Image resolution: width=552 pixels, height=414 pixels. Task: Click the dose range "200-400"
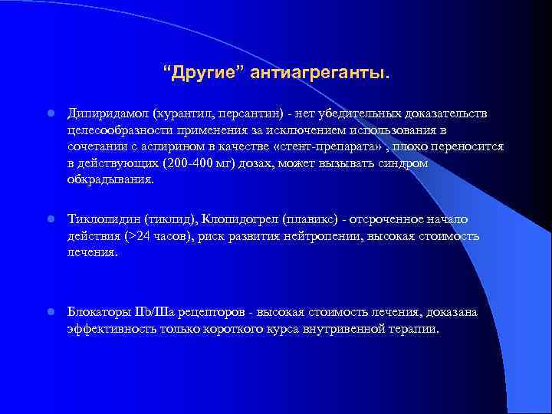(189, 164)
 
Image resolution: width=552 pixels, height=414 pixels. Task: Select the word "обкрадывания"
(109, 181)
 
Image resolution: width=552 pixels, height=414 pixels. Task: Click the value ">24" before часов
(136, 236)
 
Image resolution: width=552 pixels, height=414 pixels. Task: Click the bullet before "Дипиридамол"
(49, 114)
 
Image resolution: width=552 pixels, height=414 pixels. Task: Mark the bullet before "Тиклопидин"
(49, 220)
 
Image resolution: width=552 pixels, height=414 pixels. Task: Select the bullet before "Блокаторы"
(49, 313)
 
